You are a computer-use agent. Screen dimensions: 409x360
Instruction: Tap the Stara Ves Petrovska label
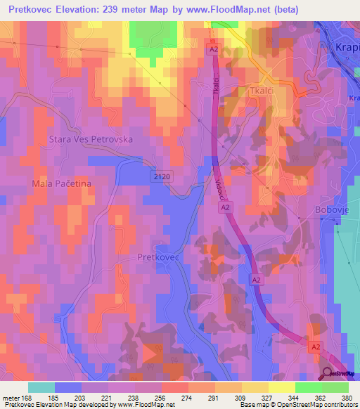(91, 139)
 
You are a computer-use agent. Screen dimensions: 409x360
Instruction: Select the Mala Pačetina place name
(63, 183)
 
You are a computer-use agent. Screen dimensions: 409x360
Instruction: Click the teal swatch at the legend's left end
(41, 387)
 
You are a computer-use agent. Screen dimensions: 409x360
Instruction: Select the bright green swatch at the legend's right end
(335, 387)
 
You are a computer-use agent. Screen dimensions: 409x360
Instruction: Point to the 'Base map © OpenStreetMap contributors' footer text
(298, 405)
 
